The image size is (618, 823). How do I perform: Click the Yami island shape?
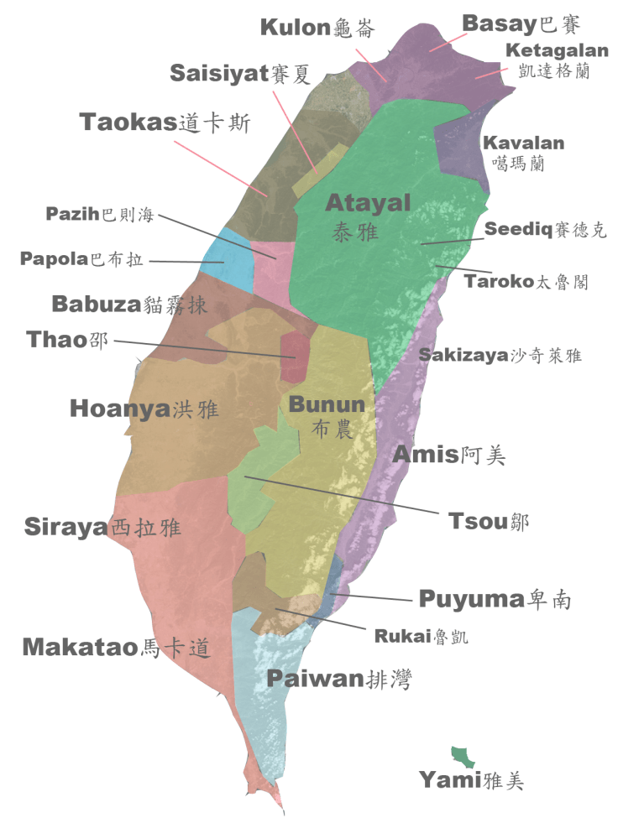tap(463, 756)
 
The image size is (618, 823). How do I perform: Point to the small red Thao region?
tap(294, 356)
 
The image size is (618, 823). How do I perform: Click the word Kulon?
tap(293, 28)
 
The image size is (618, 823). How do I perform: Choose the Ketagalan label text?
tap(557, 51)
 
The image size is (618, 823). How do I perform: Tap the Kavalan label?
tap(523, 143)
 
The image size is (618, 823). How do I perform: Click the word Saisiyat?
tap(219, 73)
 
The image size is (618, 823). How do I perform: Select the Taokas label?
tap(128, 122)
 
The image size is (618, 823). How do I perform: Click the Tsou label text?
tap(477, 521)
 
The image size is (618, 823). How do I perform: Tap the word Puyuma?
tap(471, 599)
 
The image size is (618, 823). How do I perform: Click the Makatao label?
tap(79, 647)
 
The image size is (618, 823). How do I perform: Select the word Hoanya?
tap(120, 409)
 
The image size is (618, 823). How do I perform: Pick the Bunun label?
tap(327, 404)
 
